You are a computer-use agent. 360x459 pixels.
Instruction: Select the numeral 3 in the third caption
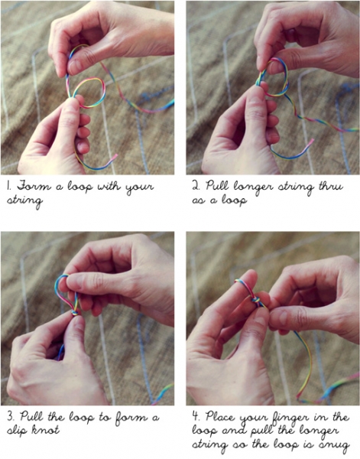pyautogui.click(x=9, y=417)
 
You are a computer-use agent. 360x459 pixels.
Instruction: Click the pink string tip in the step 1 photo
pyautogui.click(x=115, y=157)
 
